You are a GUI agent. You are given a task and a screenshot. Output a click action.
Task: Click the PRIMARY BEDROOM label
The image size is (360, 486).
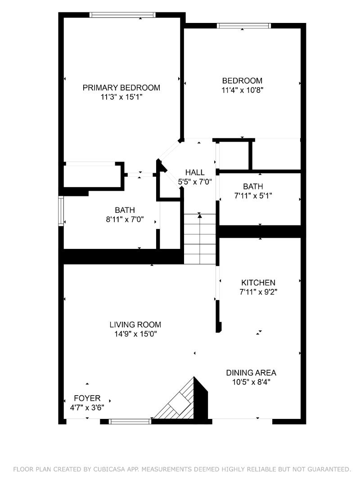pyautogui.click(x=121, y=88)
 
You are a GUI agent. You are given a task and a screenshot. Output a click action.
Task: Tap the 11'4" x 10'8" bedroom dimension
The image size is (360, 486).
pyautogui.click(x=242, y=90)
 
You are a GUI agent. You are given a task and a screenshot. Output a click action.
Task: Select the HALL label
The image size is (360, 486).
pyautogui.click(x=195, y=172)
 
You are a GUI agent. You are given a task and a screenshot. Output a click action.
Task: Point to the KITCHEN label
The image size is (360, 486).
pyautogui.click(x=258, y=283)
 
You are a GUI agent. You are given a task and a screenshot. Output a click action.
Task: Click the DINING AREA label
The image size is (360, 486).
pyautogui.click(x=251, y=373)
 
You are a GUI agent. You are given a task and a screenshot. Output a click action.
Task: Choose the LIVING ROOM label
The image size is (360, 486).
pyautogui.click(x=135, y=325)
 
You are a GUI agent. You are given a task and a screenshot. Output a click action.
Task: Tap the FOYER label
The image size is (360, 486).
pyautogui.click(x=87, y=398)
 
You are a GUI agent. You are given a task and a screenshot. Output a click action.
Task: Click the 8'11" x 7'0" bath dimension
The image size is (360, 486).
pyautogui.click(x=125, y=220)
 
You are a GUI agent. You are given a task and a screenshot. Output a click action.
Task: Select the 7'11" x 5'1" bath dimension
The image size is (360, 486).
pyautogui.click(x=253, y=196)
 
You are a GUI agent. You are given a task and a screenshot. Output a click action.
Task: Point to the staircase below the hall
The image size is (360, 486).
pyautogui.click(x=200, y=239)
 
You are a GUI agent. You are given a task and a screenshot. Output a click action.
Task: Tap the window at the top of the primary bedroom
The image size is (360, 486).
pyautogui.click(x=122, y=15)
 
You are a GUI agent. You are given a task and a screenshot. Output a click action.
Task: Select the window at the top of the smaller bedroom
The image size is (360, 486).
pyautogui.click(x=243, y=26)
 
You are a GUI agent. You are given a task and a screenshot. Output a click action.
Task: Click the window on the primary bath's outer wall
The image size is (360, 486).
pyautogui.click(x=61, y=211)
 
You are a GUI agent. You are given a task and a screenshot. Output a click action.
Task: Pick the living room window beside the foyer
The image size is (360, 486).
pyautogui.click(x=130, y=421)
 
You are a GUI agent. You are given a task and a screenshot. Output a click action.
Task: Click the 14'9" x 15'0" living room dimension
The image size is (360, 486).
pyautogui.click(x=135, y=334)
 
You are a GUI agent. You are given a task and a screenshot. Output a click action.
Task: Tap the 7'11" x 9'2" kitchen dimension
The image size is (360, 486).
pyautogui.click(x=258, y=292)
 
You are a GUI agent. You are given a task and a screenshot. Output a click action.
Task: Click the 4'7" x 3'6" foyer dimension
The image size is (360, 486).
pyautogui.click(x=87, y=407)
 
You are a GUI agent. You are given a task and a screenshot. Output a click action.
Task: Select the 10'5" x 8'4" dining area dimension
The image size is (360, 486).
pyautogui.click(x=251, y=382)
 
